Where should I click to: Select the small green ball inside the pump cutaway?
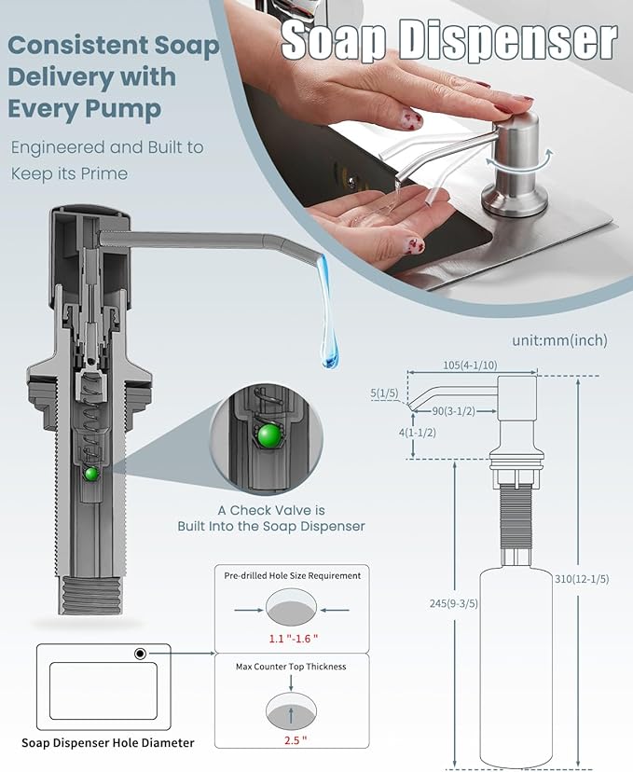tap(91, 474)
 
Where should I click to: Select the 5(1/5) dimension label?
tap(383, 393)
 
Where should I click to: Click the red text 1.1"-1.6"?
tap(292, 639)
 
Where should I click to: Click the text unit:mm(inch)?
tap(559, 340)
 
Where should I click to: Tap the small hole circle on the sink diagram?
tap(140, 654)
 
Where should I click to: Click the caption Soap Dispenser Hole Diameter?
tap(108, 743)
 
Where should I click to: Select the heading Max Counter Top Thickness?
tap(292, 667)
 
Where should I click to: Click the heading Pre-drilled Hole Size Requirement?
tap(292, 575)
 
